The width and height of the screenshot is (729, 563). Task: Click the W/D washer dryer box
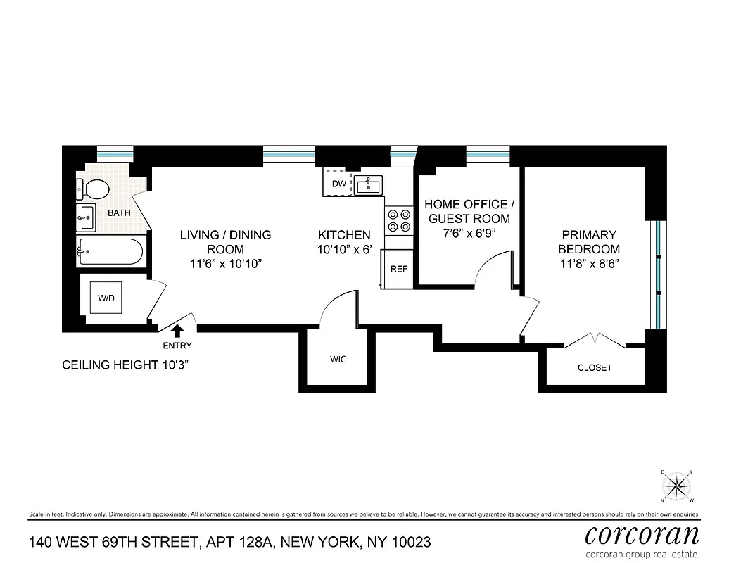106,298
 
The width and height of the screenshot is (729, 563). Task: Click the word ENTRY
177,346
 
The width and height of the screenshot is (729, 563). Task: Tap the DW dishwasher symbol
339,184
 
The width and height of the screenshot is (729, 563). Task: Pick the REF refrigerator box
399,268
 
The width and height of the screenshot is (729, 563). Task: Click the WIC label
338,359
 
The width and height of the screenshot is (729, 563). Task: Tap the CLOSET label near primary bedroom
595,367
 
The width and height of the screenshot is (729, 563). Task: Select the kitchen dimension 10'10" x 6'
344,249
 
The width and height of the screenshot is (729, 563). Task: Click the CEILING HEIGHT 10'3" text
126,365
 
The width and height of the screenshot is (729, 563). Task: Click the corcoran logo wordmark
642,534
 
